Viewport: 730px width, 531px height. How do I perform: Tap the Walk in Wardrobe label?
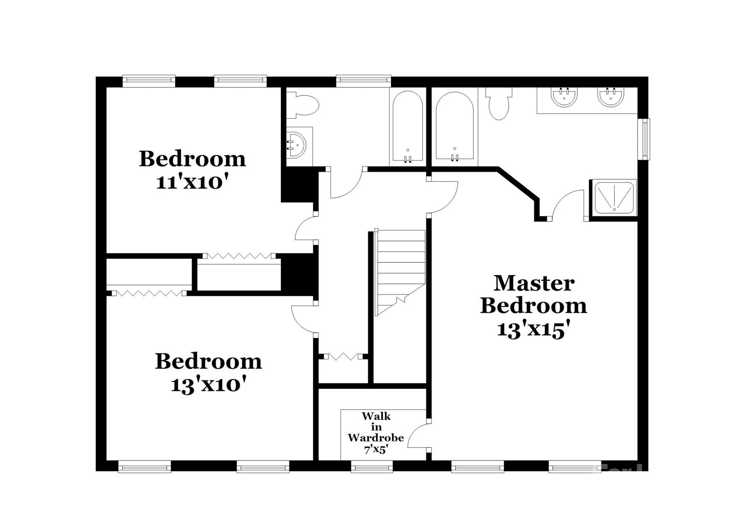376,432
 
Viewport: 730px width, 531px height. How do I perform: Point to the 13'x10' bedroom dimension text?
209,385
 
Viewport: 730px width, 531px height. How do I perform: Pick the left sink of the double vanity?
564,97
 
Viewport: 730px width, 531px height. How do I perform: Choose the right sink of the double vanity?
610,97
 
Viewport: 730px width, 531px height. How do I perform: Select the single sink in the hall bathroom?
297,145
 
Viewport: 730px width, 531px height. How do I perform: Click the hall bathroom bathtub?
408,127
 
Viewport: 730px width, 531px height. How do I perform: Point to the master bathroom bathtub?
455,127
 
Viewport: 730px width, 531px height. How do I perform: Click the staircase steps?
400,270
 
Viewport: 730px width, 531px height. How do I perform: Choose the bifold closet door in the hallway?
343,356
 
